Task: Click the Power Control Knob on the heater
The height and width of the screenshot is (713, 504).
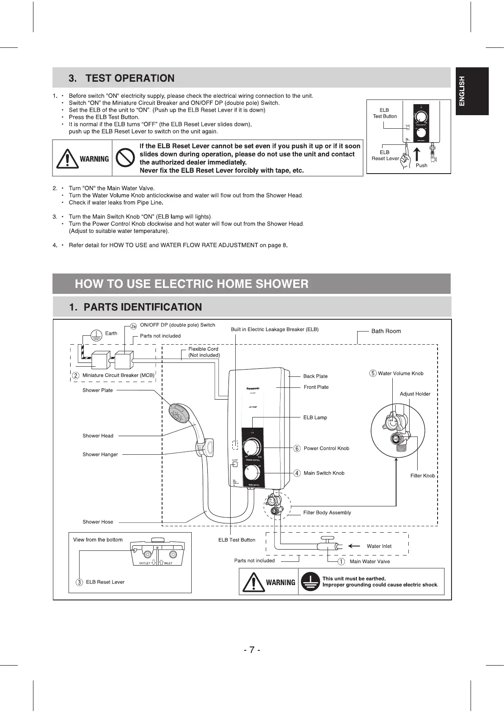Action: [253, 447]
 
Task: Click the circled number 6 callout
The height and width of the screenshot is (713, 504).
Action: [297, 448]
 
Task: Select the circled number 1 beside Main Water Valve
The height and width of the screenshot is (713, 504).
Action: [341, 561]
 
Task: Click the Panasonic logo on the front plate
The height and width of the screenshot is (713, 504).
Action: [253, 388]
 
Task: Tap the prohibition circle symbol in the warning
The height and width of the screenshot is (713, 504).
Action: [125, 159]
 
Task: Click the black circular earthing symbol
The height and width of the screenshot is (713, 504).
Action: [311, 582]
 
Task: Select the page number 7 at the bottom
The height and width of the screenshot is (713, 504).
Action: [252, 650]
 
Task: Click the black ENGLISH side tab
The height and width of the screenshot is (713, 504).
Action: [472, 91]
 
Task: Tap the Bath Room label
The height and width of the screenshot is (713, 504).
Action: [386, 331]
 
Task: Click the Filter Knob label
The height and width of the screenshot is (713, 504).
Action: [422, 475]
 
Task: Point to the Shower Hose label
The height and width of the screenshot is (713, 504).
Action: [98, 522]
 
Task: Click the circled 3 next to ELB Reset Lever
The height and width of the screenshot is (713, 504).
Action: [79, 582]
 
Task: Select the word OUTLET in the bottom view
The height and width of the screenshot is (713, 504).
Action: [145, 563]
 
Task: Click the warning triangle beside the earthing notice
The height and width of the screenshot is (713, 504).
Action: [253, 582]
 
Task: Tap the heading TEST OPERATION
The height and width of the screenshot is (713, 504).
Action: [129, 78]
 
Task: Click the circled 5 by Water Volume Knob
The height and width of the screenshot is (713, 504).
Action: [373, 373]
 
